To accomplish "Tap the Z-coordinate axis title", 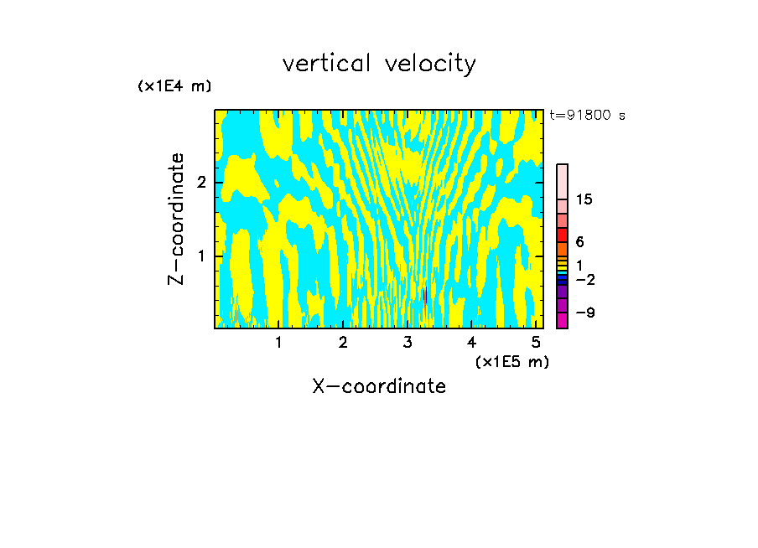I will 176,219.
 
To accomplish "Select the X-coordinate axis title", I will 379,386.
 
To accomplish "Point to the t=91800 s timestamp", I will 587,116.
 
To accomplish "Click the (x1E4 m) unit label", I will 174,86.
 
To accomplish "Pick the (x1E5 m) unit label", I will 511,361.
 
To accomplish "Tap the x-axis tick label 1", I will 278,342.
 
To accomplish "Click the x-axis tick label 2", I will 343,342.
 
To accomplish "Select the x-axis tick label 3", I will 408,342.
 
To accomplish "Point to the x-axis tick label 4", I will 471,342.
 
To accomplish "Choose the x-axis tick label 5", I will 536,342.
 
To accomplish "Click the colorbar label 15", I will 584,199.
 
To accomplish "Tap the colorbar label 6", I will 579,242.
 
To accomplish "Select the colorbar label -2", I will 584,279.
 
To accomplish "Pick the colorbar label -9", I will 584,313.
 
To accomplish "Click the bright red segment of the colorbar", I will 562,235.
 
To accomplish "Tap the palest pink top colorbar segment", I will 562,181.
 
